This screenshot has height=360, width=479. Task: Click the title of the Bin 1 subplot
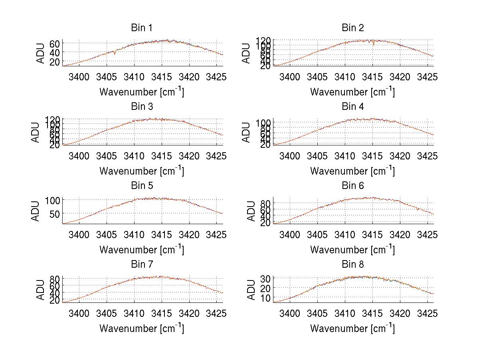141,28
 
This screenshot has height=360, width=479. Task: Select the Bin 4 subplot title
353,107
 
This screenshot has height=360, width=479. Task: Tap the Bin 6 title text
353,185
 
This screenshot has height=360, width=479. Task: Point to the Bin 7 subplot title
141,264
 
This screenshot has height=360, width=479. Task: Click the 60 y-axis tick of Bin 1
55,43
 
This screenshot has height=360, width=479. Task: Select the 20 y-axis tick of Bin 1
55,62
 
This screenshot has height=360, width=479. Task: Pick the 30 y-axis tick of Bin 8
266,278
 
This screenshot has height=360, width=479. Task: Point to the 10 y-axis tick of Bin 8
266,298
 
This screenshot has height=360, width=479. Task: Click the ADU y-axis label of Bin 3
36,132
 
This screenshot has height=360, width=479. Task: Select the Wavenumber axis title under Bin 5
141,249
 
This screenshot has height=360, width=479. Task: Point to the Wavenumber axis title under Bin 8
352,328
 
